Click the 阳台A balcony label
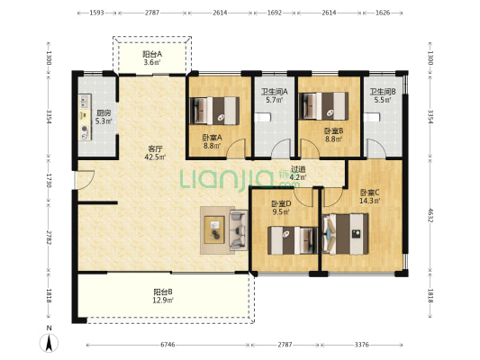(x=152, y=54)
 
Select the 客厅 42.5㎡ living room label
(x=155, y=153)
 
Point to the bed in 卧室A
(x=214, y=111)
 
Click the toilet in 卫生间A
(x=262, y=118)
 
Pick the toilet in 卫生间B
(x=372, y=118)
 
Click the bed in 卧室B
(x=323, y=106)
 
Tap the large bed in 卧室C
(x=345, y=234)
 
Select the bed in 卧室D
(x=293, y=240)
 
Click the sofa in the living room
(x=239, y=230)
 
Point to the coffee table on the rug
(x=214, y=229)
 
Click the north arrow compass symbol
(x=49, y=343)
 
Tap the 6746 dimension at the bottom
(x=168, y=345)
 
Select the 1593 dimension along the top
(x=96, y=13)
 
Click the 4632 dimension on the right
(x=430, y=216)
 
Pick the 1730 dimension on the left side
(x=49, y=181)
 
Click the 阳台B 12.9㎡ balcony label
(x=163, y=296)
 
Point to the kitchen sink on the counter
(x=85, y=101)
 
